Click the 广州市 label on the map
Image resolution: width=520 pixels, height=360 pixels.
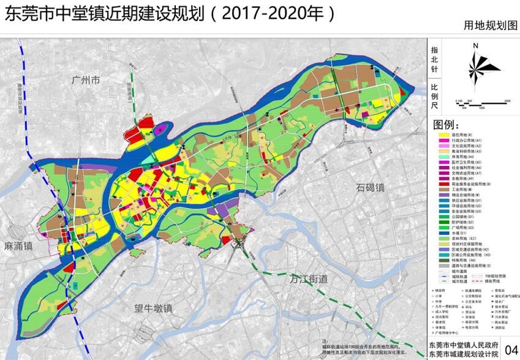85,80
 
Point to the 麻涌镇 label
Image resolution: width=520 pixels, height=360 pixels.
17,246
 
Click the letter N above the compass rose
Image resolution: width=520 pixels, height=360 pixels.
475,45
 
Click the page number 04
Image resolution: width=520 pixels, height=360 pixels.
510,350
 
